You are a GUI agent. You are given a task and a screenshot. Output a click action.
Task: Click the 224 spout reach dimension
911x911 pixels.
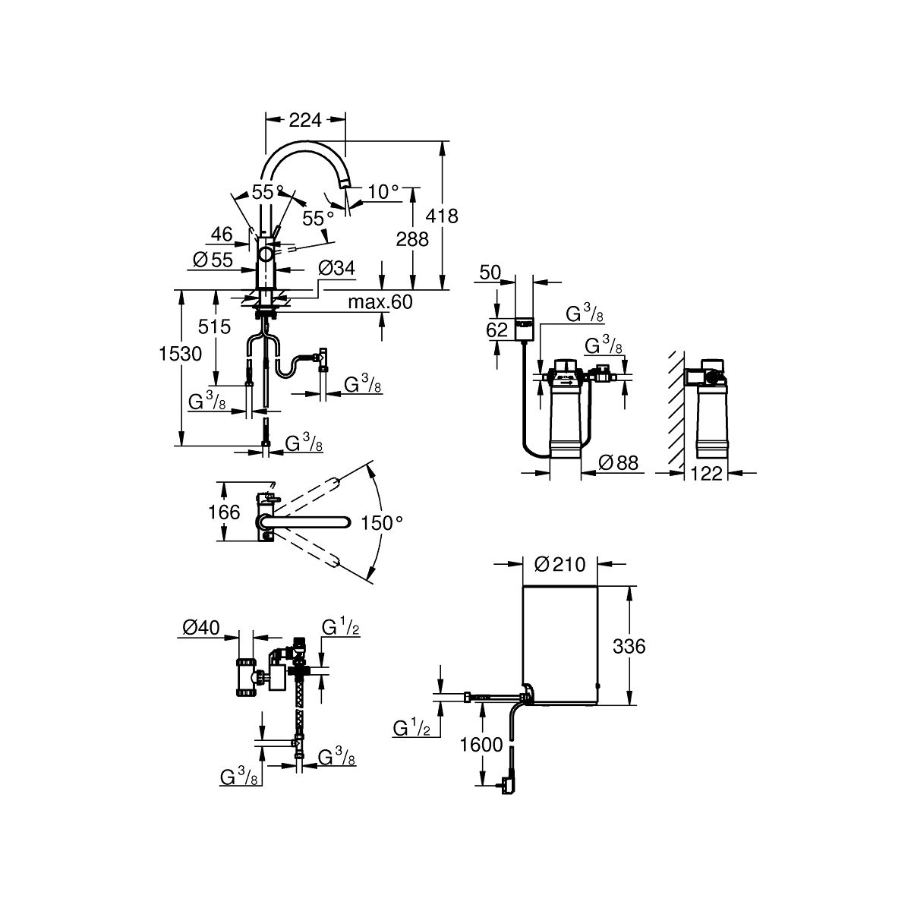pyautogui.click(x=305, y=120)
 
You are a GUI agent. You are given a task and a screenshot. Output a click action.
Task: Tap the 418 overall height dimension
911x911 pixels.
pyautogui.click(x=442, y=216)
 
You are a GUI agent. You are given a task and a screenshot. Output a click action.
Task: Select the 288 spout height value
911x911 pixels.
pyautogui.click(x=412, y=240)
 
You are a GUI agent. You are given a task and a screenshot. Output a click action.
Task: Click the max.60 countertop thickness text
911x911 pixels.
pyautogui.click(x=380, y=302)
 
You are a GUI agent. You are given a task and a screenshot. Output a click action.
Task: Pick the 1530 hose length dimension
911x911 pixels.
pyautogui.click(x=180, y=354)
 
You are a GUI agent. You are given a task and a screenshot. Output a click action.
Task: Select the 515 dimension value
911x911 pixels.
pyautogui.click(x=214, y=326)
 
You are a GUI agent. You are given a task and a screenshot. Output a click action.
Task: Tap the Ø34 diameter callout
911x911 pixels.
pyautogui.click(x=336, y=268)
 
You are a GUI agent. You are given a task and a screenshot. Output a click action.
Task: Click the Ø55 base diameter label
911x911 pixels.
pyautogui.click(x=213, y=260)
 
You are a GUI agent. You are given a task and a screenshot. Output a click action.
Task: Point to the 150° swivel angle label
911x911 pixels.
pyautogui.click(x=382, y=523)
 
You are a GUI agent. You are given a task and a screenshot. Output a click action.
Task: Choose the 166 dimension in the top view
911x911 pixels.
pyautogui.click(x=224, y=512)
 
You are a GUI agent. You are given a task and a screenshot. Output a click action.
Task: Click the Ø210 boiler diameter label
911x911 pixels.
pyautogui.click(x=560, y=564)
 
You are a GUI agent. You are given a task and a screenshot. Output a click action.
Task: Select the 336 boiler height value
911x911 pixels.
pyautogui.click(x=629, y=646)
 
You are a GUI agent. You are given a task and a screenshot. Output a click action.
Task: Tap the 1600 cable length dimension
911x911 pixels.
pyautogui.click(x=481, y=745)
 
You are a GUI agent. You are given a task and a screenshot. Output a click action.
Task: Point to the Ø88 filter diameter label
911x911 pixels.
pyautogui.click(x=619, y=463)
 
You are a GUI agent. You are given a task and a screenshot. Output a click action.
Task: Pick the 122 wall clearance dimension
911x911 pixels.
pyautogui.click(x=707, y=473)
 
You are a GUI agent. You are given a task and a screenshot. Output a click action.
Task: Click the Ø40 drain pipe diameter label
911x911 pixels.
pyautogui.click(x=201, y=627)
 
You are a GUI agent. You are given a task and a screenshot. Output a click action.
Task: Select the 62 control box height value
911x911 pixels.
pyautogui.click(x=496, y=330)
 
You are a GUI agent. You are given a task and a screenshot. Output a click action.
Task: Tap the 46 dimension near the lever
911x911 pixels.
pyautogui.click(x=222, y=234)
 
